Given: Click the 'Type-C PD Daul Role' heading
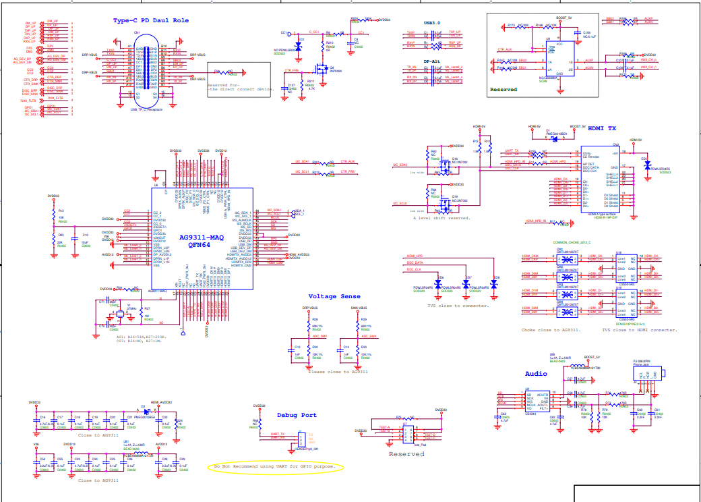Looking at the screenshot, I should point(150,21).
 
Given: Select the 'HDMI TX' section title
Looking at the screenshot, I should point(603,128).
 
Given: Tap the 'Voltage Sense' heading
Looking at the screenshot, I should point(334,296).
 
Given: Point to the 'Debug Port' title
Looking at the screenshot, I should point(296,415).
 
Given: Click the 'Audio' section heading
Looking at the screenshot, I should point(537,373).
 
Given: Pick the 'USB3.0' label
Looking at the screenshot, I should point(431,22).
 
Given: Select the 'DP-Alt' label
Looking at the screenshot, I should point(431,61).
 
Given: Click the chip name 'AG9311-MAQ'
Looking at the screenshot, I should point(201,238).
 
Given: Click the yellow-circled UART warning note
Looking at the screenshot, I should point(276,467).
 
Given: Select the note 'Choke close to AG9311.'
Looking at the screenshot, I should point(551,330).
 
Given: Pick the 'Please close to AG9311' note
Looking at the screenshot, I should point(338,372).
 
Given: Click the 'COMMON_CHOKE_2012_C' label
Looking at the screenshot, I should point(572,242).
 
